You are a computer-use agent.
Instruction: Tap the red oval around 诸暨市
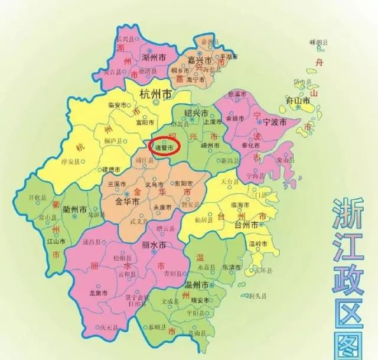pos(164,145)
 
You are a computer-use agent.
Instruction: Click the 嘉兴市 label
pos(200,60)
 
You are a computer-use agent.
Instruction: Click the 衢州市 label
pos(75,209)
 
